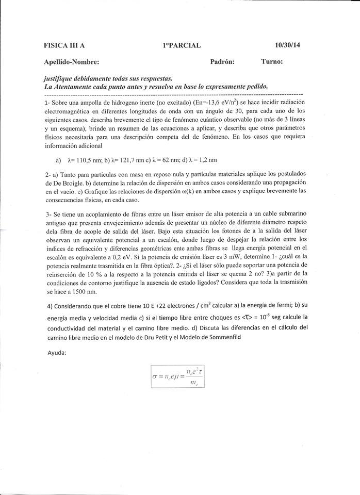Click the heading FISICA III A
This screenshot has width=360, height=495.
tap(64, 45)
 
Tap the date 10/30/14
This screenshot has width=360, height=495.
tap(287, 45)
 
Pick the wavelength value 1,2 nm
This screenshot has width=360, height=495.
tap(204, 159)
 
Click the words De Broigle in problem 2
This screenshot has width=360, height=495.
tap(64, 183)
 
